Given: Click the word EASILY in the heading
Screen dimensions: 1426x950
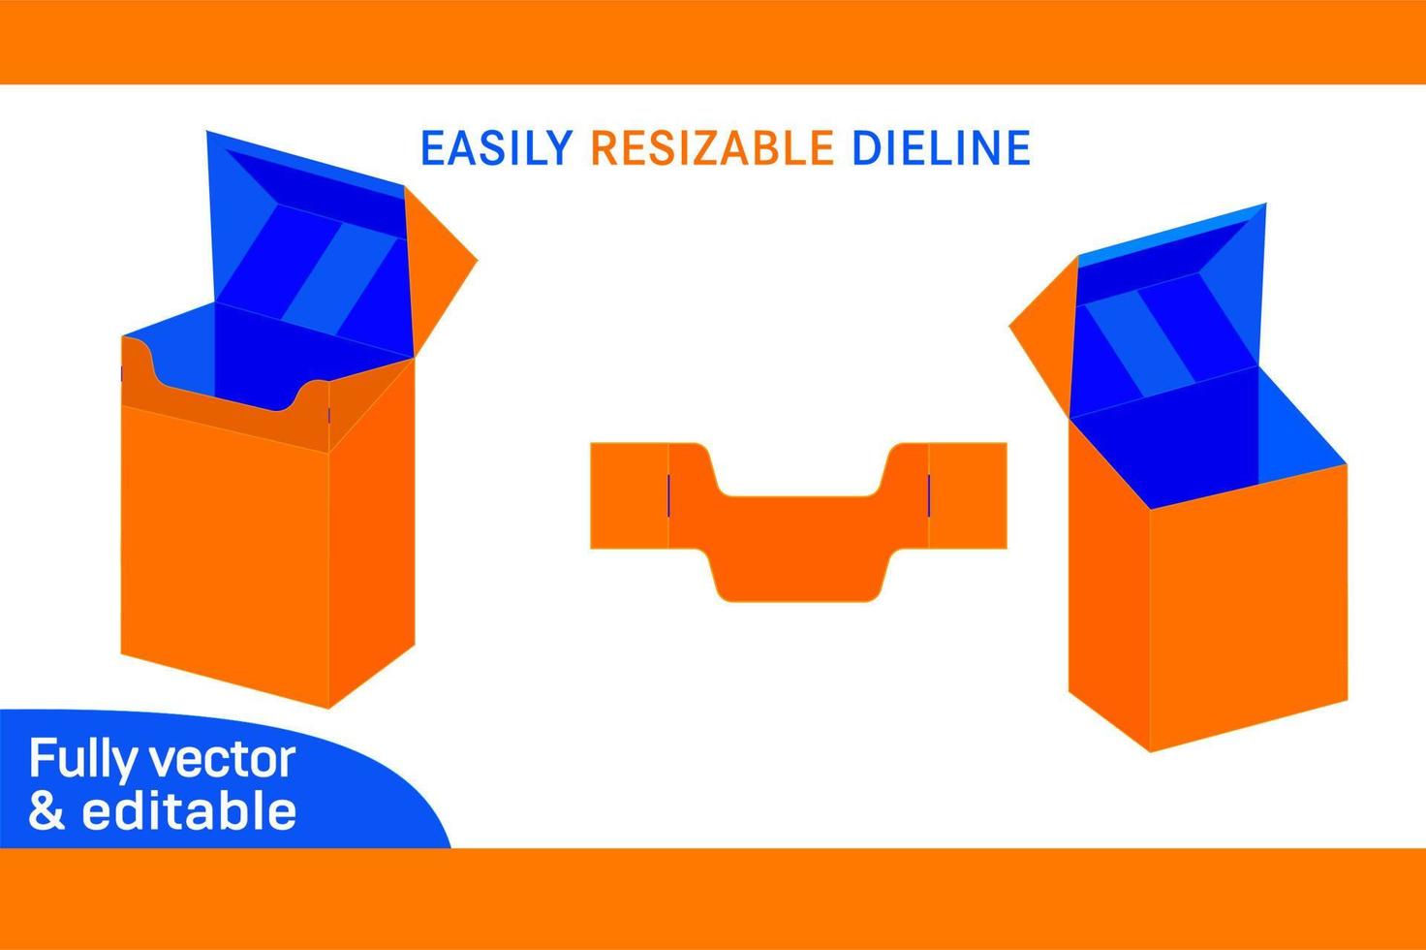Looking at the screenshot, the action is (x=497, y=147).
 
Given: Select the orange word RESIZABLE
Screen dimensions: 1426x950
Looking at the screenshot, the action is (x=712, y=147).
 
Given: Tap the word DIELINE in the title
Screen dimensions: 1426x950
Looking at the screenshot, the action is (x=941, y=147).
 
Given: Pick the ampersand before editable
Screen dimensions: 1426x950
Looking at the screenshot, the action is (x=46, y=810).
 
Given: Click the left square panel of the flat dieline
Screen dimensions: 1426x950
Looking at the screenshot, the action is (x=629, y=495).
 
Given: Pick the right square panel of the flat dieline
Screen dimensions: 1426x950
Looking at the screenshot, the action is (x=968, y=495).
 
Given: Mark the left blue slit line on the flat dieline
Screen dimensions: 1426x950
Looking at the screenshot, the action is (x=668, y=495).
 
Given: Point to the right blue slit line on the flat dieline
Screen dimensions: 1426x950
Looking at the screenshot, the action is (x=929, y=495).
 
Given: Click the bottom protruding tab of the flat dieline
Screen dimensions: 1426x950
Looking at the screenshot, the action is (x=799, y=577).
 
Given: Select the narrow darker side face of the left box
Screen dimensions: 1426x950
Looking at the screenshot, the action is (x=372, y=535).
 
